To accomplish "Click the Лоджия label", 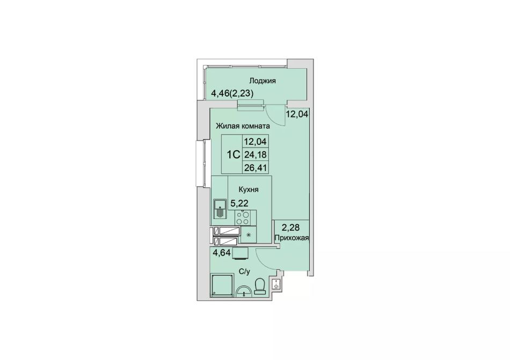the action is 263,81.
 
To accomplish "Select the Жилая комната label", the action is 243,126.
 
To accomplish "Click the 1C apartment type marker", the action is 233,155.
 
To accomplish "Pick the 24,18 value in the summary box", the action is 256,155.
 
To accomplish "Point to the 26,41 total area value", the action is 256,167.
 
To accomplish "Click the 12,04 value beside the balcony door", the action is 297,114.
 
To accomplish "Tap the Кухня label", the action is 249,189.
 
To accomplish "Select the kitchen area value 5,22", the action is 239,203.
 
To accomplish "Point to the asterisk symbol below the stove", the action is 249,235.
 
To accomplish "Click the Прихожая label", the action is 292,238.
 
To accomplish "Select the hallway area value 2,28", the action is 290,227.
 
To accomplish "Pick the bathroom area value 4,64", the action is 222,253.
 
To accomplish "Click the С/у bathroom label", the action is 244,271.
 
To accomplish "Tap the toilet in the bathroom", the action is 260,286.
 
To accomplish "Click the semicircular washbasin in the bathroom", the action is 244,290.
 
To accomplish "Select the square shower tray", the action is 222,285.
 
